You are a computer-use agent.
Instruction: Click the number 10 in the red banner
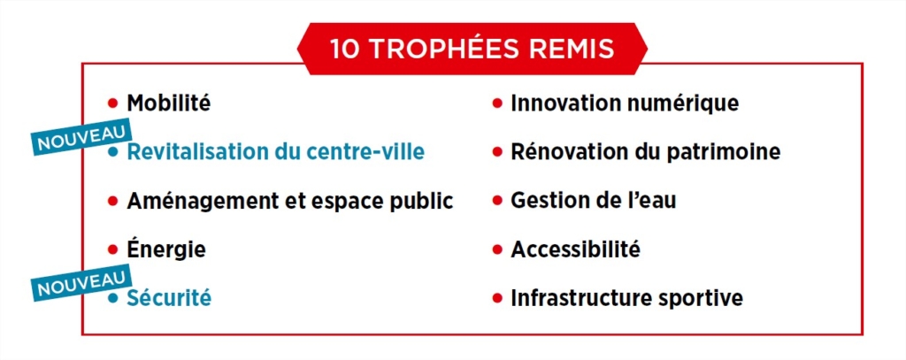(345, 49)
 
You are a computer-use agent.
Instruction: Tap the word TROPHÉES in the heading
(441, 49)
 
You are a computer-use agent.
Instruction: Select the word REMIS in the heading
(569, 49)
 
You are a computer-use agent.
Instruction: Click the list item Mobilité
(169, 103)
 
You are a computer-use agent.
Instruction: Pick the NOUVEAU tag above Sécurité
(81, 283)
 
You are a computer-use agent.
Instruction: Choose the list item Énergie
(166, 249)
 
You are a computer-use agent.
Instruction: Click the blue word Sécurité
(169, 297)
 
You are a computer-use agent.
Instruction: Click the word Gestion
(547, 201)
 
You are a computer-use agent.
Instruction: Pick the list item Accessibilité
(575, 249)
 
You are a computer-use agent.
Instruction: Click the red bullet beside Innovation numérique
(497, 104)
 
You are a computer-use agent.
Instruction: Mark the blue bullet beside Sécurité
(113, 298)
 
